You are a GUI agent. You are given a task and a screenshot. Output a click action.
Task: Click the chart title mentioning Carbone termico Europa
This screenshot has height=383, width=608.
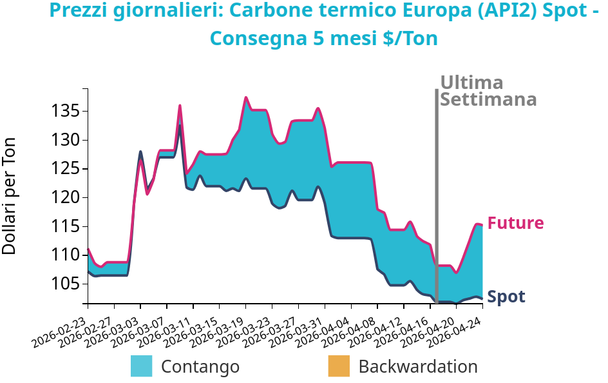pyautogui.click(x=324, y=25)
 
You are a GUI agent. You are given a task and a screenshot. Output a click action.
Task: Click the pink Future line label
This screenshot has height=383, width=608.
pyautogui.click(x=515, y=223)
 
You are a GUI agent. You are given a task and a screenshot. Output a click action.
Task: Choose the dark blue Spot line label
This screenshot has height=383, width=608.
pyautogui.click(x=506, y=297)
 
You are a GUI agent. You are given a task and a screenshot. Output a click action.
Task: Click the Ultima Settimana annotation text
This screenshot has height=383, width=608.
pyautogui.click(x=488, y=91)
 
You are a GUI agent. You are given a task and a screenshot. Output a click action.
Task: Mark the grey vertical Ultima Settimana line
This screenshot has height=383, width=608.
pyautogui.click(x=437, y=193)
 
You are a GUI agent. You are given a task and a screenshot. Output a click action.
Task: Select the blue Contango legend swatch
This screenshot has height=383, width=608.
pyautogui.click(x=142, y=366)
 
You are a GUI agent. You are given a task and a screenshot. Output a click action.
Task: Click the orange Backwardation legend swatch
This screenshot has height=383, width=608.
pyautogui.click(x=339, y=366)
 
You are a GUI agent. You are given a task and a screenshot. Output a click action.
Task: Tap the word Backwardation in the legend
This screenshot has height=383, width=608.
pyautogui.click(x=418, y=366)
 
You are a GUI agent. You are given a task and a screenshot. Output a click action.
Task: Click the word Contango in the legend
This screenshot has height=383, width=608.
pyautogui.click(x=200, y=366)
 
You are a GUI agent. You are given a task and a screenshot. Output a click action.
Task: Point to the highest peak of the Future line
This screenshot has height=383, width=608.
pyautogui.click(x=246, y=97)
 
